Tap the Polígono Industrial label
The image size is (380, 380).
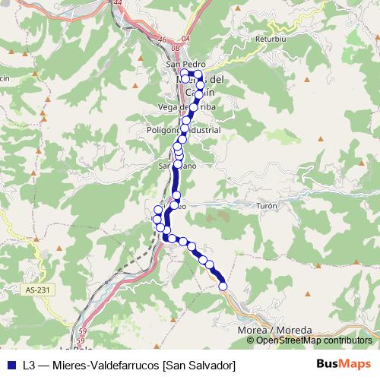[184, 130]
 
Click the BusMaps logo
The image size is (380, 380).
[344, 365]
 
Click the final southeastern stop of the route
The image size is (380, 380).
[223, 286]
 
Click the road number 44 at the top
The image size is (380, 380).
[116, 3]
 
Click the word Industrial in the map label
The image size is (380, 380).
[202, 130]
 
